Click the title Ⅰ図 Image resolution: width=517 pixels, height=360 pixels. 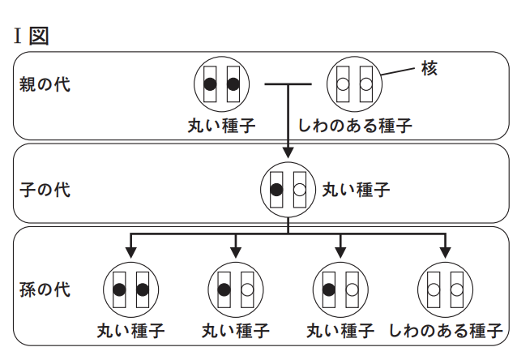32,36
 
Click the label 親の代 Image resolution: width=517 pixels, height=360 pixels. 45,84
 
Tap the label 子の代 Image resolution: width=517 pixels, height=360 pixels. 45,191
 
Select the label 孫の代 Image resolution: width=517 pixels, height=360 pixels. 45,288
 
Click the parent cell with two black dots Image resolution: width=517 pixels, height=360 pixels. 222,84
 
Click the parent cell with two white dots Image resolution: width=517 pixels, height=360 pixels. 354,84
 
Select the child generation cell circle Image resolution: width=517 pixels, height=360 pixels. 288,191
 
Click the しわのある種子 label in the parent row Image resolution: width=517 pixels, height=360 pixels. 355,126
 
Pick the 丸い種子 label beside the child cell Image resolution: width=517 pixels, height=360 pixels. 357,191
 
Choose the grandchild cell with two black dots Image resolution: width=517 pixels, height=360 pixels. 131,289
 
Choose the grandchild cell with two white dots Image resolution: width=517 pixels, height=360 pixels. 445,289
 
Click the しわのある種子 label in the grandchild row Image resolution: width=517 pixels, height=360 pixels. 446,331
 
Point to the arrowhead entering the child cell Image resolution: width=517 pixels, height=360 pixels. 288,152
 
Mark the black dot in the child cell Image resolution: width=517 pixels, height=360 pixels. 276,191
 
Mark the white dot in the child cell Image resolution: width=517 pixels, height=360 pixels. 299,191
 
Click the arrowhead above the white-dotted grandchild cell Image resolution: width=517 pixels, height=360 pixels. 445,249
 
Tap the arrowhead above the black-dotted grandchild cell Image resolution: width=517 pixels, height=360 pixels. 131,249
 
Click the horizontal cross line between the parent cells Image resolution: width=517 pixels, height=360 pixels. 288,84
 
